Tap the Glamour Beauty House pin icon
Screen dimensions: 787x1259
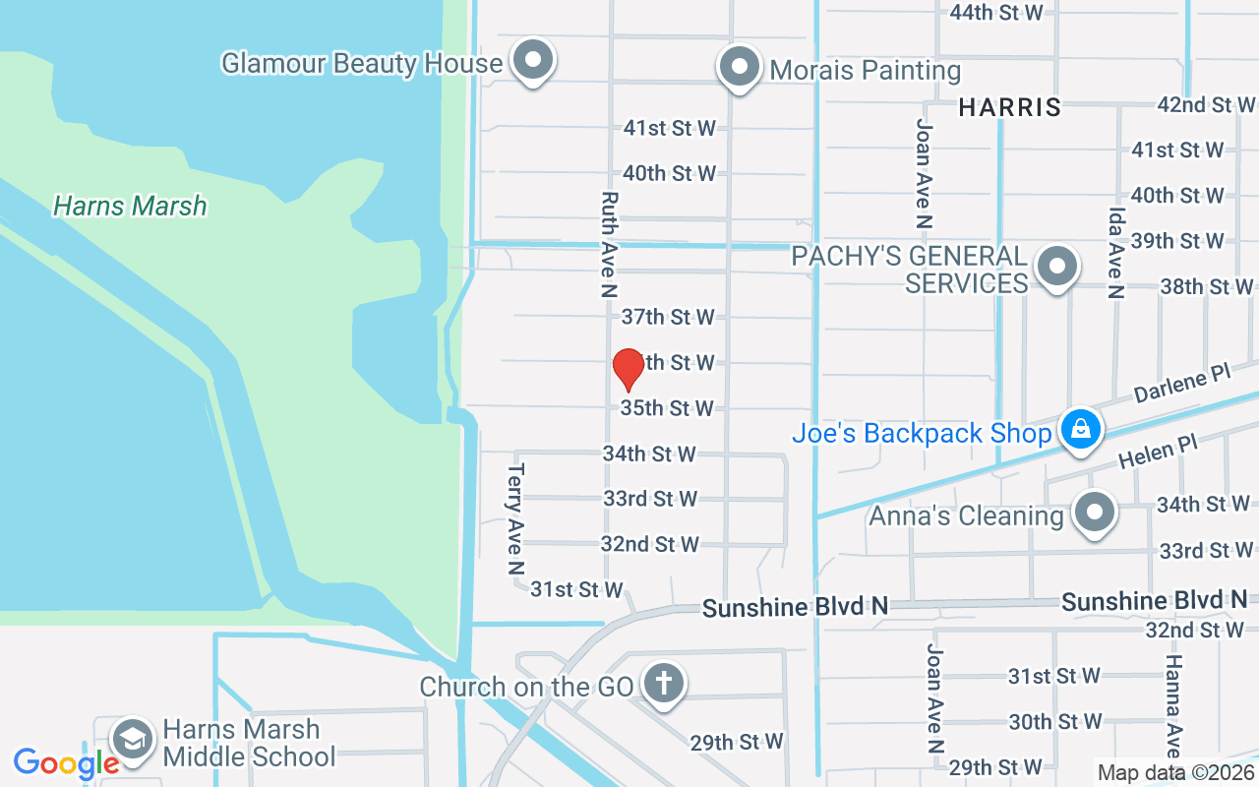click(x=534, y=61)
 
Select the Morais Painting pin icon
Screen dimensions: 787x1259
click(x=739, y=68)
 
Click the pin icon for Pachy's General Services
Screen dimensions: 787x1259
click(x=1057, y=266)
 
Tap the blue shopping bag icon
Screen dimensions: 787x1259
click(x=1080, y=430)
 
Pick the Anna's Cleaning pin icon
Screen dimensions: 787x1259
click(x=1093, y=513)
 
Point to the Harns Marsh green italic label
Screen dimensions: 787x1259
click(x=130, y=206)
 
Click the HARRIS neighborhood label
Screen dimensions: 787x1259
click(x=1010, y=107)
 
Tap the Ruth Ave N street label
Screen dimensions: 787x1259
click(x=608, y=244)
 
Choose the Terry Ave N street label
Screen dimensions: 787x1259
click(x=515, y=519)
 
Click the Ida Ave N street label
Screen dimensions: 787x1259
click(x=1115, y=253)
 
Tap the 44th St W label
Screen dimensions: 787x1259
click(x=995, y=12)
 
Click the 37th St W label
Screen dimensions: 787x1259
click(x=668, y=317)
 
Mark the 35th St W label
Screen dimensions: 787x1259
click(x=667, y=407)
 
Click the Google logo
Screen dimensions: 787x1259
click(x=65, y=762)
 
